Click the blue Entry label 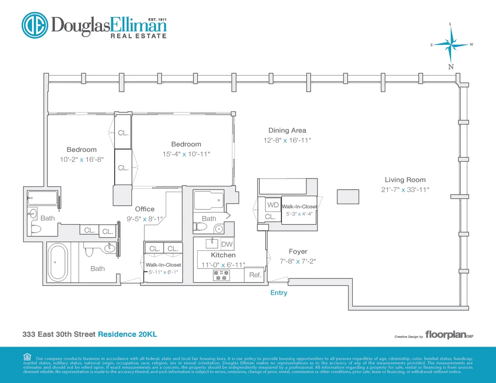pos(279,293)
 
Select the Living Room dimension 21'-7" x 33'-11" pos(405,190)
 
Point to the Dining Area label pos(287,131)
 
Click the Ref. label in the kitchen pos(255,275)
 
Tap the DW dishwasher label pos(227,244)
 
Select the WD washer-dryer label pos(273,205)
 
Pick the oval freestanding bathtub pos(57,263)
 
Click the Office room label pos(145,209)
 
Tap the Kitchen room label pos(223,255)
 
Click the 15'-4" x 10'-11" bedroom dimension pos(186,154)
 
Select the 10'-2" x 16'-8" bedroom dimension pos(81,159)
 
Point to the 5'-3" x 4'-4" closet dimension pos(299,214)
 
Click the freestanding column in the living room pos(348,196)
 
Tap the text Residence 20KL pos(127,334)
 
